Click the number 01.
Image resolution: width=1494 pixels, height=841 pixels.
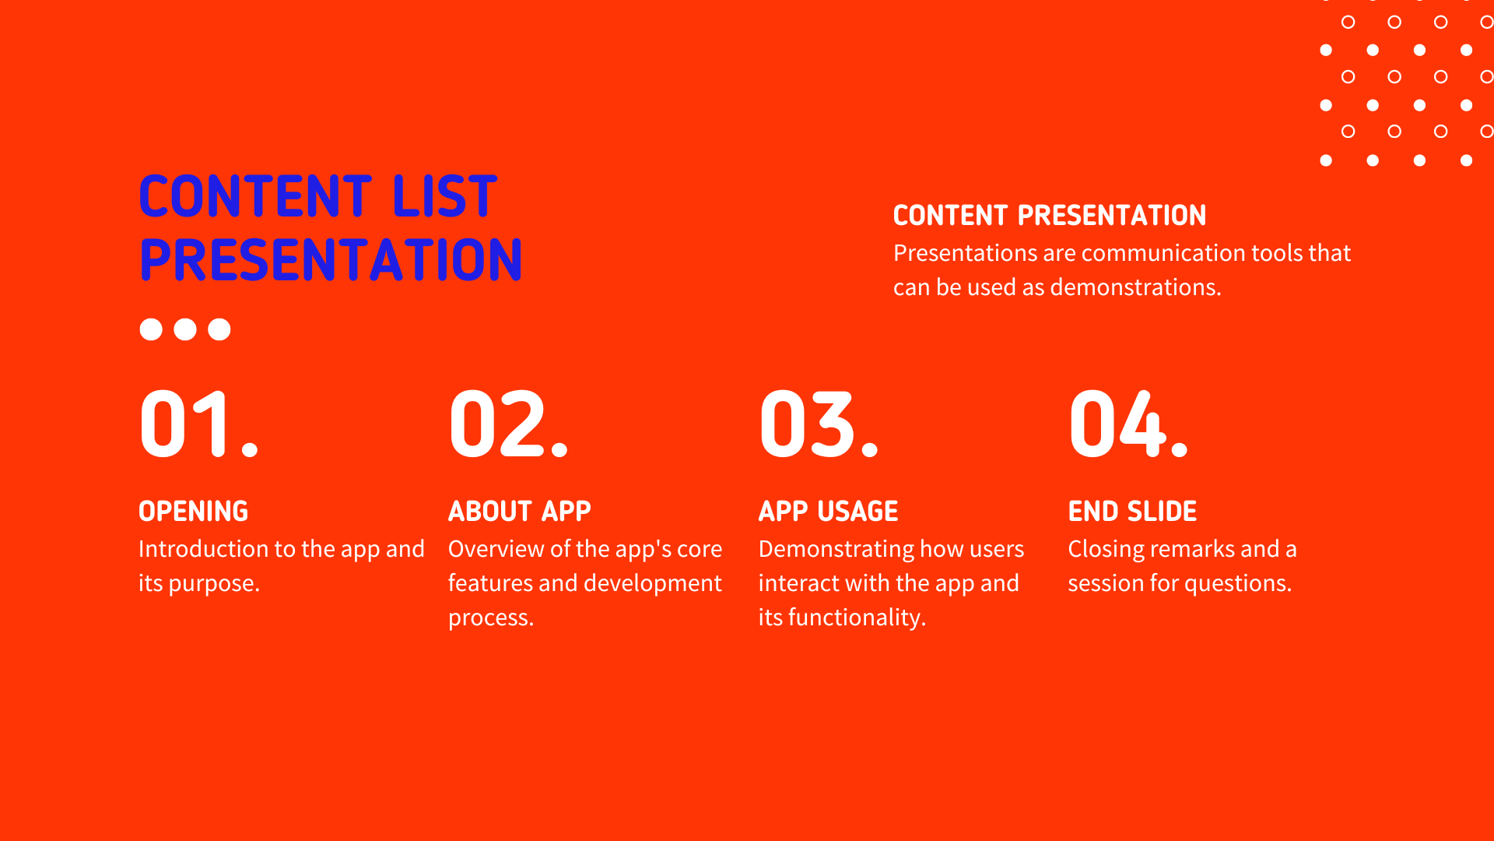[x=198, y=424]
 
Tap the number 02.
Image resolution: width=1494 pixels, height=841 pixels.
[x=509, y=424]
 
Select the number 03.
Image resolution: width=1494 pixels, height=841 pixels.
[x=819, y=424]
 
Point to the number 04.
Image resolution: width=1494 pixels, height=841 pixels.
[x=1128, y=424]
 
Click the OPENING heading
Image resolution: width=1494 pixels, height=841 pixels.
[x=193, y=512]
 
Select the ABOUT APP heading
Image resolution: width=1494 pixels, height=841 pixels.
[x=520, y=512]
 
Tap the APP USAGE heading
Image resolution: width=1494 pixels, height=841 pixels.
[x=828, y=512]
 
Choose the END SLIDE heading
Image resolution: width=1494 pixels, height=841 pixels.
[x=1132, y=512]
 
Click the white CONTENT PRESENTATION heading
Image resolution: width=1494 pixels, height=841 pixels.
[x=1050, y=216]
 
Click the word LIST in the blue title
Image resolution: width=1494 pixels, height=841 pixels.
[x=444, y=196]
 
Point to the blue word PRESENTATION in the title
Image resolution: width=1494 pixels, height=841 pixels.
[x=331, y=260]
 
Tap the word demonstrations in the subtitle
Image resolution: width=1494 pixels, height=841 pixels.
[x=1135, y=287]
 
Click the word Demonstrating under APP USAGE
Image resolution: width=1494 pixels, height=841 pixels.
[x=836, y=549]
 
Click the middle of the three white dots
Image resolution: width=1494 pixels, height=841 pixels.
[x=185, y=329]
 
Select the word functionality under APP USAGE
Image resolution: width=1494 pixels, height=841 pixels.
[x=857, y=618]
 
